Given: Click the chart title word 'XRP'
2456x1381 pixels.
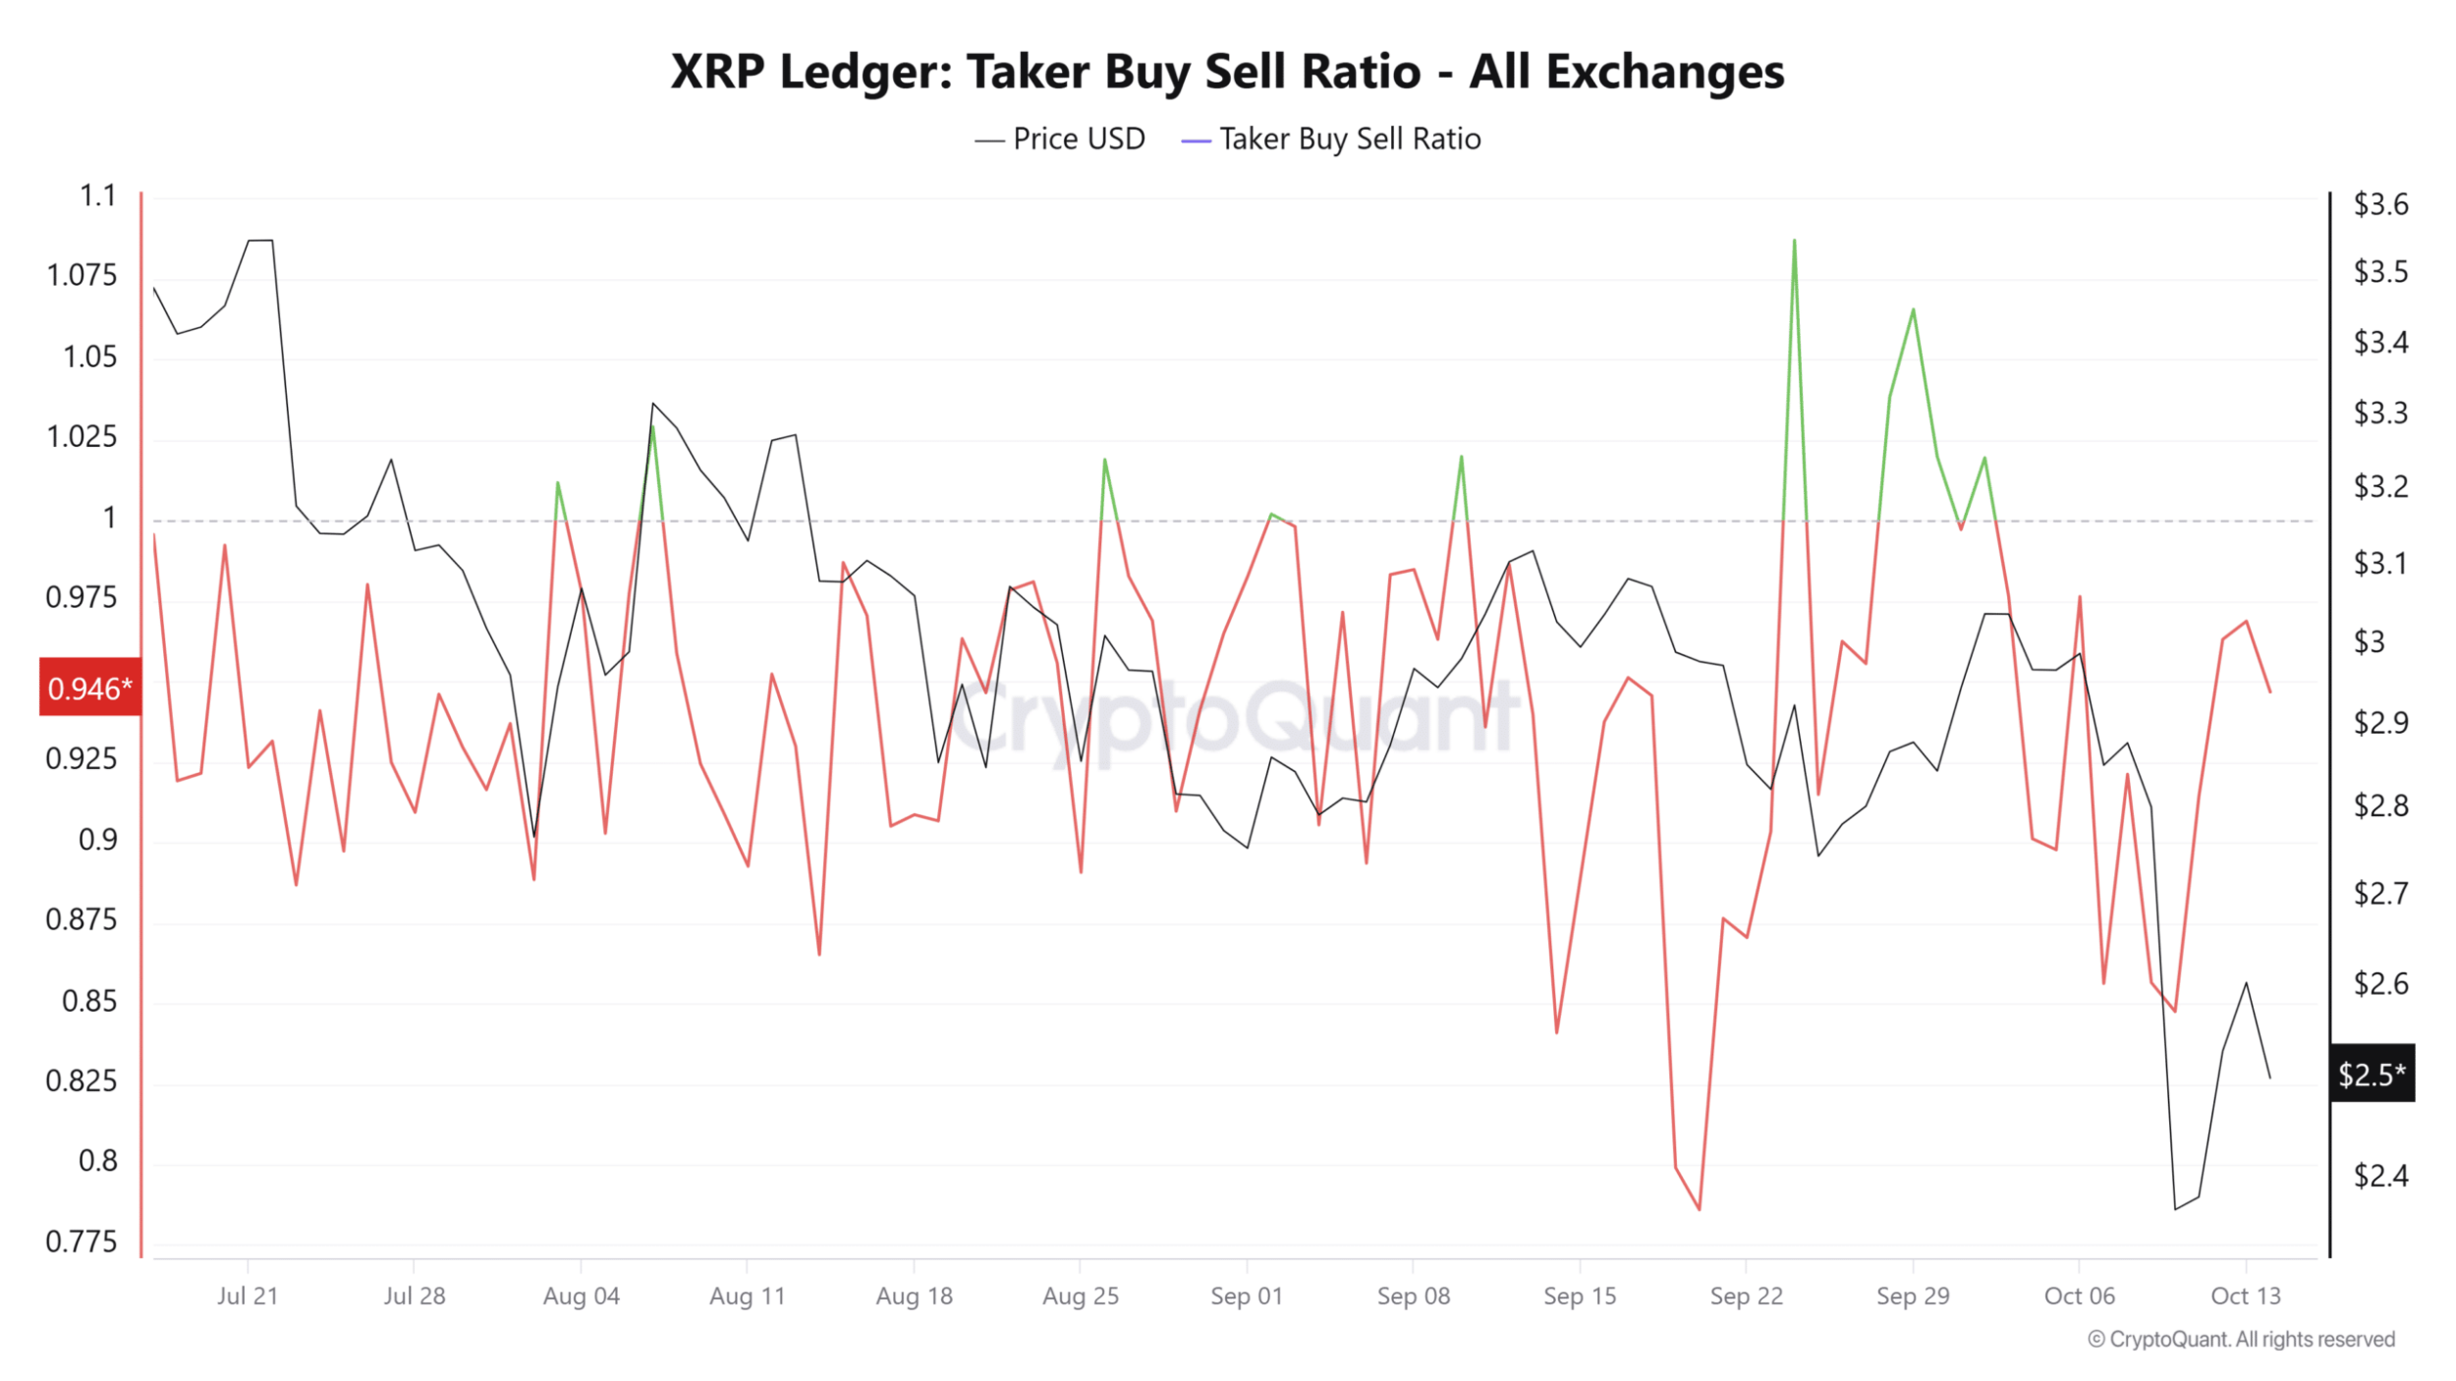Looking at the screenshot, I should [717, 72].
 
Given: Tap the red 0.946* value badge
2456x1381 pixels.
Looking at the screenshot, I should [89, 688].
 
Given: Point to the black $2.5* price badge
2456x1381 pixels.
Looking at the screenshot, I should [2371, 1074].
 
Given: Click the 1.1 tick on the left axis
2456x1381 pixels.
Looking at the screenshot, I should [97, 196].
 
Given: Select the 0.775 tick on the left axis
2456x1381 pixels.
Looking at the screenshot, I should [81, 1242].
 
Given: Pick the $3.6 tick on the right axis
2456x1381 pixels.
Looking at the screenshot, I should [2379, 204].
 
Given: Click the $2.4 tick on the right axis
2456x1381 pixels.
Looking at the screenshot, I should [2379, 1175].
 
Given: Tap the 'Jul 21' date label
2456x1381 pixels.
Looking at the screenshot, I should [247, 1296].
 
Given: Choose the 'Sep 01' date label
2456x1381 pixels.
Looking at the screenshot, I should [1246, 1296].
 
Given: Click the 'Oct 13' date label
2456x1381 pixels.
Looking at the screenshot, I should [2245, 1296].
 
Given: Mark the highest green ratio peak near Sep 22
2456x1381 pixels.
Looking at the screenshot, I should [1794, 241].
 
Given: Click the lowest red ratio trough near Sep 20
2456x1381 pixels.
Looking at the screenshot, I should [1699, 1208].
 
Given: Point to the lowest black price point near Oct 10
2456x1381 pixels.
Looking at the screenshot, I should [2175, 1208].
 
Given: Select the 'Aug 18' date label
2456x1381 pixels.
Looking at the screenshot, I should [914, 1296].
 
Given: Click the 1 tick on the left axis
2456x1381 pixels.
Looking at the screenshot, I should [109, 518].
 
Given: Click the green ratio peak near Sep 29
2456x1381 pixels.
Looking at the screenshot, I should [1913, 310].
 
